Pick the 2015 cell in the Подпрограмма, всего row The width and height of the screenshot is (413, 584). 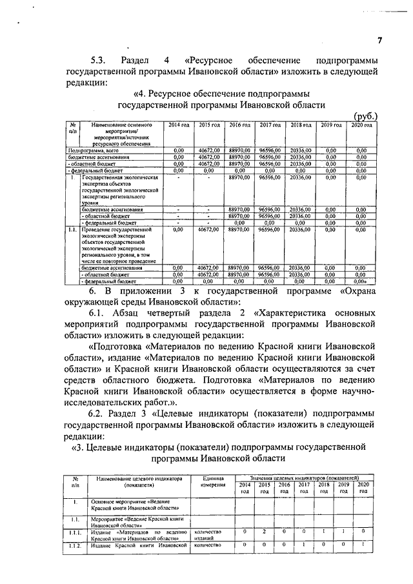[x=208, y=150]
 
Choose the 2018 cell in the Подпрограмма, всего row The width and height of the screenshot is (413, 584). [x=300, y=150]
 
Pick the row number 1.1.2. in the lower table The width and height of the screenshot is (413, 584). [x=76, y=545]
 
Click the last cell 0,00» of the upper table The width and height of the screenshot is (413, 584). [x=362, y=281]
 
